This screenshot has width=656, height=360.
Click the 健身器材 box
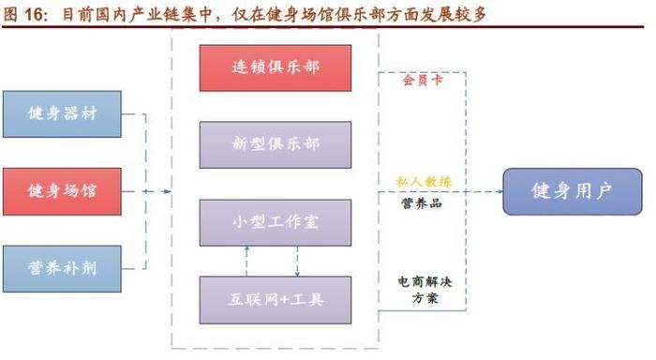(63, 114)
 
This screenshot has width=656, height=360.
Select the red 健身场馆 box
(63, 191)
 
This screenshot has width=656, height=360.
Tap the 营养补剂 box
(63, 268)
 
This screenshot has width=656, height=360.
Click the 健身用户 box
(571, 192)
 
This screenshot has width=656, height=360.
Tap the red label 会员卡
(422, 81)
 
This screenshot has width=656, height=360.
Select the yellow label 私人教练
(424, 180)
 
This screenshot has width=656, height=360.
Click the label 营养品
(422, 202)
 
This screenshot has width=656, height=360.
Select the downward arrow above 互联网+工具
(297, 272)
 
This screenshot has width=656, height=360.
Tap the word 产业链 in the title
(172, 14)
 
